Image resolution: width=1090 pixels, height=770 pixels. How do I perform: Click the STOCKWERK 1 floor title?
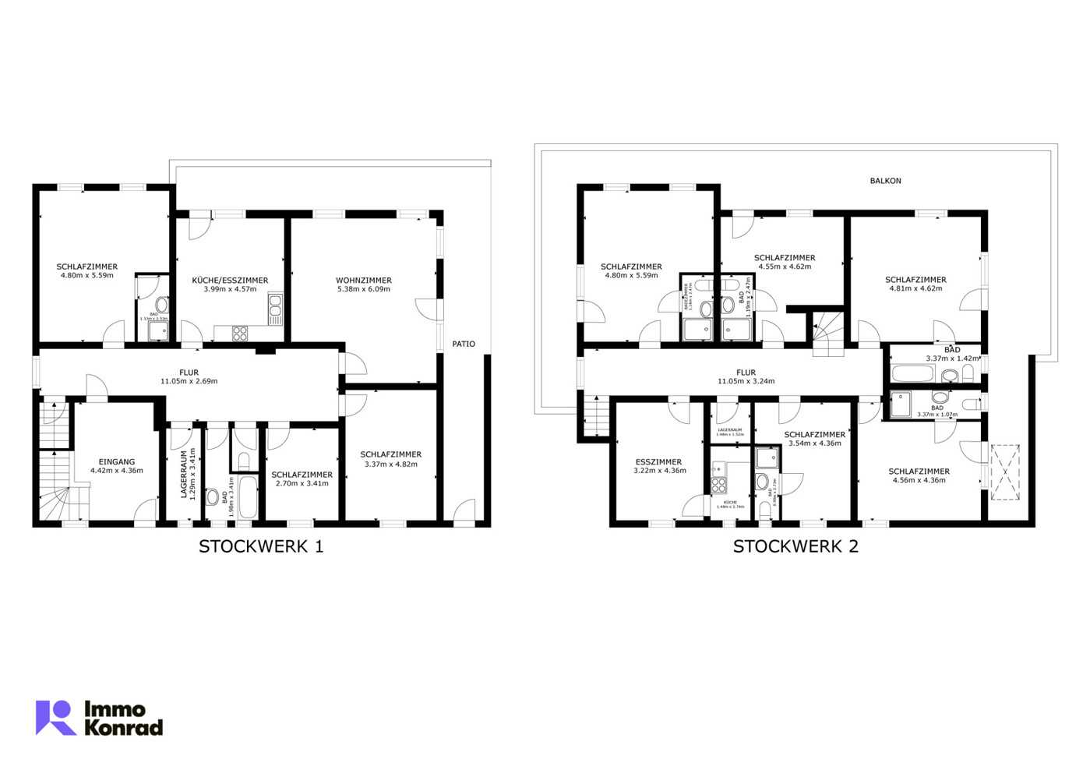coord(261,546)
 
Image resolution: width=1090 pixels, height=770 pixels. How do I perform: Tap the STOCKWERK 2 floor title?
coord(795,546)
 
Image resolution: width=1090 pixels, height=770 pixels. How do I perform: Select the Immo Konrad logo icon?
coord(55,718)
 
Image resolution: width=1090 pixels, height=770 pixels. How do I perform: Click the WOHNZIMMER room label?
coord(364,280)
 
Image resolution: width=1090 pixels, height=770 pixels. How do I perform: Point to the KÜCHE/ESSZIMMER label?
coord(230,280)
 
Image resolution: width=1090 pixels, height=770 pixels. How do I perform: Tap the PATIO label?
coord(464,344)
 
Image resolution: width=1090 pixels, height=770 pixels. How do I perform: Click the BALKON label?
coord(885,181)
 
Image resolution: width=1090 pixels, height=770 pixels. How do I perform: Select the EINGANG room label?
coord(117,462)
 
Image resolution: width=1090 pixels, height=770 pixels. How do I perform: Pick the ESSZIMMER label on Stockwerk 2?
coord(658,462)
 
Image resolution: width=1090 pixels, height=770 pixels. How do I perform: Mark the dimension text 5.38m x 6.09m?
coord(364,289)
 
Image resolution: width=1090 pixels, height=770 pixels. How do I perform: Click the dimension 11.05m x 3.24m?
coord(746,382)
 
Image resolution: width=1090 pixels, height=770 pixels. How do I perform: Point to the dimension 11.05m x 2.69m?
coord(189,382)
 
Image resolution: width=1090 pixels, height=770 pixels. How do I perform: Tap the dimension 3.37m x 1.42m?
coord(952,359)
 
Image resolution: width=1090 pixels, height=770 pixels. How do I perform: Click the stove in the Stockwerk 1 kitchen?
coord(240,334)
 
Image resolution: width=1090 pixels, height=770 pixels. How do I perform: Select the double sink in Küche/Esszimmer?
coord(275,309)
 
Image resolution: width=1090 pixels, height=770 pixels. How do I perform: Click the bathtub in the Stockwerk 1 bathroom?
coord(248,497)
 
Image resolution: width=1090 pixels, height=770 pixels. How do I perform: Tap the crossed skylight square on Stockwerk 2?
coord(1004,472)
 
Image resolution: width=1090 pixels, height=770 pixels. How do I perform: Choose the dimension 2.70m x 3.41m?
coord(302,484)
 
